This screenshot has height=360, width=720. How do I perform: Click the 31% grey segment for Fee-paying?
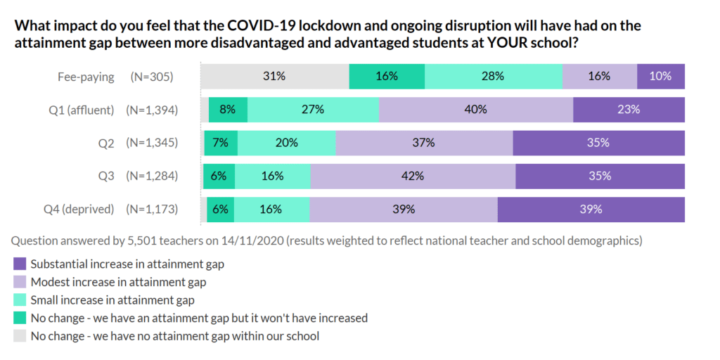[x=275, y=77]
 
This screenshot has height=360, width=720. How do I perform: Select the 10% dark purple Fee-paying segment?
[x=661, y=77]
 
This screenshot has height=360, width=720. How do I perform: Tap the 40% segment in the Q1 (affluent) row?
[x=476, y=110]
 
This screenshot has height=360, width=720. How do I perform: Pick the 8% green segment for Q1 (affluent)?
[x=228, y=110]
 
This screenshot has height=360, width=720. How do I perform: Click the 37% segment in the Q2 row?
[x=424, y=143]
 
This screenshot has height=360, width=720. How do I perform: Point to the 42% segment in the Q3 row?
[x=413, y=176]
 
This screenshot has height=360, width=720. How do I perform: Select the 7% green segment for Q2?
[x=221, y=143]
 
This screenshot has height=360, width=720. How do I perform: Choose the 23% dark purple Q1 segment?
[x=629, y=110]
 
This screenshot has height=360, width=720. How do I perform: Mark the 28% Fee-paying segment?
[x=494, y=77]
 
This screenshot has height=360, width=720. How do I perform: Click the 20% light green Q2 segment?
[x=286, y=143]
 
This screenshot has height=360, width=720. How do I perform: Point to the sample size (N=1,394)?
[x=152, y=110]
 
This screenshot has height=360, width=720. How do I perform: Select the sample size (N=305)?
[x=152, y=77]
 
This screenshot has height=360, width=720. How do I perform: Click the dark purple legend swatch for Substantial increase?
[x=20, y=264]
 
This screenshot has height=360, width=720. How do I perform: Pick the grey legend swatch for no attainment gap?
[x=20, y=336]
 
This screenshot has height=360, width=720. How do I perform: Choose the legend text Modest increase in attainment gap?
[x=118, y=283]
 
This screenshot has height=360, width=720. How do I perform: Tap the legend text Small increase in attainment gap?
[x=112, y=300]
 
